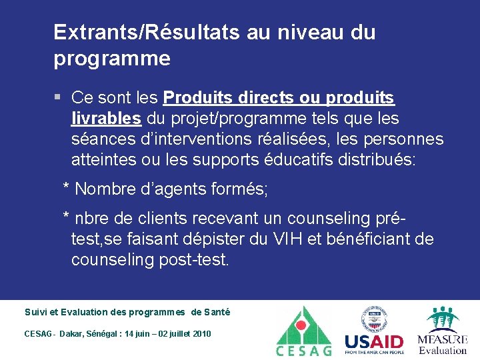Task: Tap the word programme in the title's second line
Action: pyautogui.click(x=112, y=59)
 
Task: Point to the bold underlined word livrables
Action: pyautogui.click(x=106, y=119)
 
